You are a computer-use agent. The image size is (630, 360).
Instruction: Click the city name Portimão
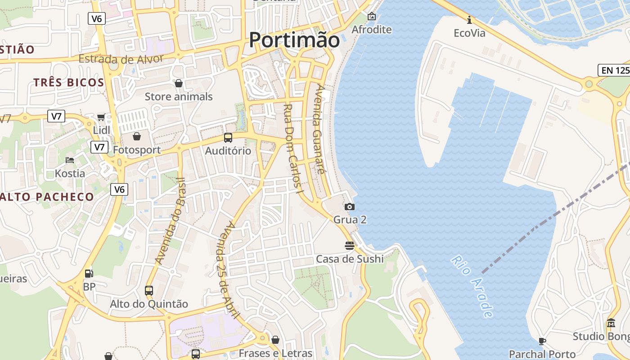pos(294,40)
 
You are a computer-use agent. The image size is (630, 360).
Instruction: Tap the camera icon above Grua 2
pos(349,207)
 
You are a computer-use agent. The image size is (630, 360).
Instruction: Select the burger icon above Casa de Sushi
pos(350,246)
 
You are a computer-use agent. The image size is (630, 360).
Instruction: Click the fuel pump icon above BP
pos(89,273)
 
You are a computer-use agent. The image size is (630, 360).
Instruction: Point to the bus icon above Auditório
pos(228,138)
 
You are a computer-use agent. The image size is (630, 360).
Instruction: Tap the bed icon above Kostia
pos(70,160)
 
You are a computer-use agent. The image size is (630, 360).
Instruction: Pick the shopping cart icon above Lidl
pos(101,117)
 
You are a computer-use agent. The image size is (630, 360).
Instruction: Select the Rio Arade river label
pos(472,286)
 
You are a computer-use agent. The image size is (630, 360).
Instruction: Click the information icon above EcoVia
pos(469,20)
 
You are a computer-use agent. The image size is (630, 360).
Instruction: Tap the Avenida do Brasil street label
pos(171,220)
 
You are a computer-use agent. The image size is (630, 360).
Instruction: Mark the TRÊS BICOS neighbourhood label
pos(68,82)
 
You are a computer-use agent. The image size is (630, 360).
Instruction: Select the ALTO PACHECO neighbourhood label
pos(47,197)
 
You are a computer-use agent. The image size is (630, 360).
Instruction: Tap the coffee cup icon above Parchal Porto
pos(542,341)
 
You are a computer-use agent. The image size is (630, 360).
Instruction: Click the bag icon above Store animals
pos(179,83)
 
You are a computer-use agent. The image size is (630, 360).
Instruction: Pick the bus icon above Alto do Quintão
pos(149,291)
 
